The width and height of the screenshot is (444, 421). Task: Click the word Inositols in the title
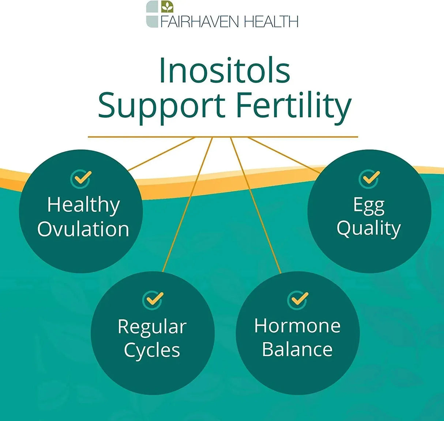225,70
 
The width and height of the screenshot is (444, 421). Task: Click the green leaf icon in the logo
167,7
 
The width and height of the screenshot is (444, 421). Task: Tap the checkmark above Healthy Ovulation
81,179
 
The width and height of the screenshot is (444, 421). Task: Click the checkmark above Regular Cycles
153,301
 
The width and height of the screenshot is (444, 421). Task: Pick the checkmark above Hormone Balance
298,301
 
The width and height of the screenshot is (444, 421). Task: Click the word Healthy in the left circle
83,206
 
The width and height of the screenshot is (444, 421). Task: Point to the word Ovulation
83,229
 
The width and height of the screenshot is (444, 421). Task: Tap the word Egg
369,206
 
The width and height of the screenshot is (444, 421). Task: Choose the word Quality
369,229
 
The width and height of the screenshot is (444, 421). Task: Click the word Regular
152,328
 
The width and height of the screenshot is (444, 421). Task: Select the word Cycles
152,351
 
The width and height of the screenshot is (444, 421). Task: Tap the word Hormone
297,326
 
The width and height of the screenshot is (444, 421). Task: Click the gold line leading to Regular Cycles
188,204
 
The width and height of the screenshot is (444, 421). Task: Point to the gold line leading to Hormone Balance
256,205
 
